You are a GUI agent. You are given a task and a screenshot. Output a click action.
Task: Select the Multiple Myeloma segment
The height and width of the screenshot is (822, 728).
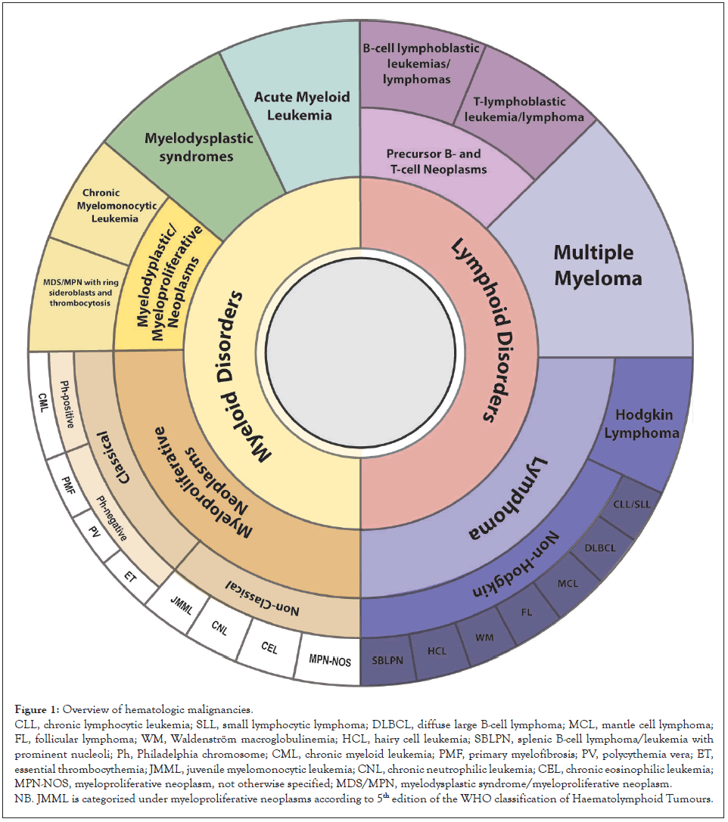click(598, 265)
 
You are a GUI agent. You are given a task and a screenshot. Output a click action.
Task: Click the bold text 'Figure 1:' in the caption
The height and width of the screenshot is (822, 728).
click(36, 709)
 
